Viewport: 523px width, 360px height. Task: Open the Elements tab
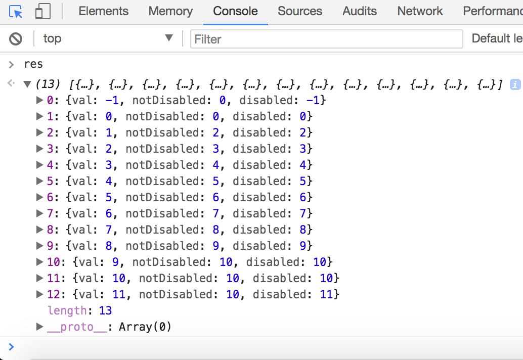click(x=103, y=11)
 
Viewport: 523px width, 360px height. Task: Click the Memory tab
click(x=170, y=11)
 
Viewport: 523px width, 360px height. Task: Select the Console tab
click(x=235, y=11)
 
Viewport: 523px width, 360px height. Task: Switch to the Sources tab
click(x=300, y=11)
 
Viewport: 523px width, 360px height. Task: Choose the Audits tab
click(x=360, y=11)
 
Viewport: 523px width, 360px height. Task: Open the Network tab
click(x=420, y=11)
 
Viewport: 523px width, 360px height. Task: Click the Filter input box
click(x=326, y=39)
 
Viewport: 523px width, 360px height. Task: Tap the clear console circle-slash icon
click(x=16, y=38)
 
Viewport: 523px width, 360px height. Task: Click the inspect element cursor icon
click(x=16, y=11)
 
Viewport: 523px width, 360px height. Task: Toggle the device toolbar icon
click(x=42, y=11)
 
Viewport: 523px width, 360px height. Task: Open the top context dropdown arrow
click(x=169, y=37)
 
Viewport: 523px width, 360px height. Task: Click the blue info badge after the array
click(x=515, y=84)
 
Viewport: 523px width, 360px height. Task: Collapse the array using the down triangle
click(x=27, y=84)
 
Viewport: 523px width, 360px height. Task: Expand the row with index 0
click(x=39, y=100)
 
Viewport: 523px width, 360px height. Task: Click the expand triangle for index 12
click(x=39, y=294)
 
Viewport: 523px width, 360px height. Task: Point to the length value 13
click(x=105, y=310)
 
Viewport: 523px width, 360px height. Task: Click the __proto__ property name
click(x=77, y=327)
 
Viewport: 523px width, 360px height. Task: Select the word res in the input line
click(x=33, y=64)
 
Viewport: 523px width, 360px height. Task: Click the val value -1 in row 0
click(x=112, y=100)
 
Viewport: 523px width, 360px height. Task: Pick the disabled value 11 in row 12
click(x=326, y=294)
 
